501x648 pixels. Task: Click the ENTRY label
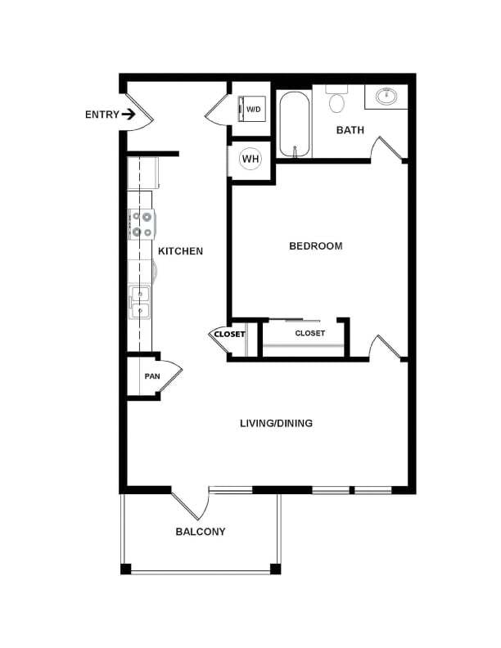point(101,115)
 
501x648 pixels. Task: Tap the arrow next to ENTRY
point(129,115)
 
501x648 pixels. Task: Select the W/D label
point(255,109)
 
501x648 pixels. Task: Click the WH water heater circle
point(249,158)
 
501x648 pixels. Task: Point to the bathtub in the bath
point(294,124)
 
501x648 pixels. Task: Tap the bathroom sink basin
point(386,97)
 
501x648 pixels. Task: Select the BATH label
point(350,130)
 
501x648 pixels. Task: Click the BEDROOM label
point(315,245)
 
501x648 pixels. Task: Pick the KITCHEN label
point(180,251)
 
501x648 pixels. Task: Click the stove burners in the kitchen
point(141,224)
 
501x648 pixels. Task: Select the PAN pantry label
point(152,376)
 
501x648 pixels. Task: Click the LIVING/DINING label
point(276,423)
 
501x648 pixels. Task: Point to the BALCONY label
point(201,532)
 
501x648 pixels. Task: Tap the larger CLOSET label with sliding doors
point(310,333)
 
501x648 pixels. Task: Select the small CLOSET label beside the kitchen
point(229,334)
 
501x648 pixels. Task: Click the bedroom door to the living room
point(385,347)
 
